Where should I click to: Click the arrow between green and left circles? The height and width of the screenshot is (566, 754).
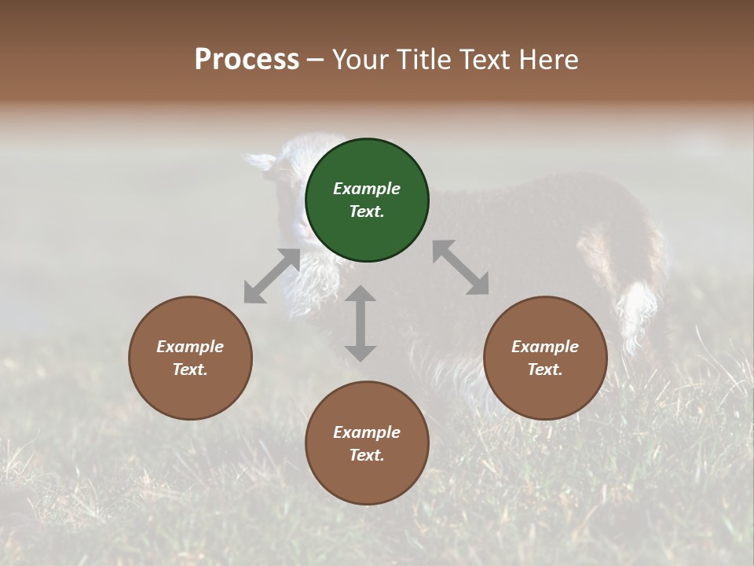pos(272,276)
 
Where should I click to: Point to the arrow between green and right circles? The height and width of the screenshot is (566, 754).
pos(460,267)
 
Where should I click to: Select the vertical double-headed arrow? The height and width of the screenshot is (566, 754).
pos(361,323)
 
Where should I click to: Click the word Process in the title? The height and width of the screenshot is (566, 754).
pos(247,59)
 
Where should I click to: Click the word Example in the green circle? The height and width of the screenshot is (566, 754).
pos(367,189)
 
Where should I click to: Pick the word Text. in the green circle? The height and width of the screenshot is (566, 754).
pos(367,211)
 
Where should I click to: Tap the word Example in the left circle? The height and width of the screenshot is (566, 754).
pos(190,347)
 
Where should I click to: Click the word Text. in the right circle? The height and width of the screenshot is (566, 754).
pos(545,369)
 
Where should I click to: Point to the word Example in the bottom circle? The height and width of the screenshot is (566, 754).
pos(367,432)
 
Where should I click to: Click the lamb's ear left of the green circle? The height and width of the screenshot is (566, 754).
pos(260,161)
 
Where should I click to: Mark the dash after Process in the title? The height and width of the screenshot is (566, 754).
pos(316,60)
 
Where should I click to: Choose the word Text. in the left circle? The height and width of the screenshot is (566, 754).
pos(190,369)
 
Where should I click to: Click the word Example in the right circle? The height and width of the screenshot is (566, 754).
pos(545,347)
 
